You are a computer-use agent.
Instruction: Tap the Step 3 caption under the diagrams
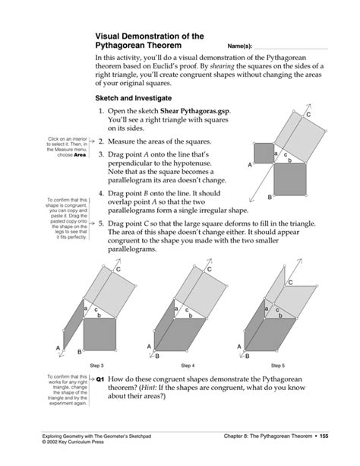click(x=97, y=365)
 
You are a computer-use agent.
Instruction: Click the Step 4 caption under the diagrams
click(x=188, y=365)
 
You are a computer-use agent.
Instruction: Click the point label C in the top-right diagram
click(x=308, y=114)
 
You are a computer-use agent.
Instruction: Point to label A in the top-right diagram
click(x=249, y=166)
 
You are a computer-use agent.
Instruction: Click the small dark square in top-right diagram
click(x=263, y=151)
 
